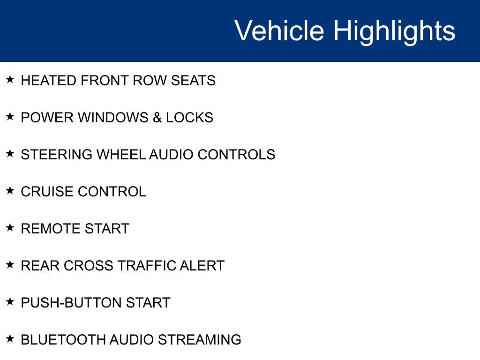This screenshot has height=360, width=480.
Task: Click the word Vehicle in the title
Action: pos(279,31)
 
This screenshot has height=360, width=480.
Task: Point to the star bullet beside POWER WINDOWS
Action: pos(10,117)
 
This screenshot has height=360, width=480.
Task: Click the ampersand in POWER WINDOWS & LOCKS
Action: pos(157,118)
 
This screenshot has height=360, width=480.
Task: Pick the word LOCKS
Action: pos(189,118)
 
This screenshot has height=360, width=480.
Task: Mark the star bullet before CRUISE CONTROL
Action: pos(10,191)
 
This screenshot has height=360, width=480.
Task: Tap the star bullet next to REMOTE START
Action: pos(10,228)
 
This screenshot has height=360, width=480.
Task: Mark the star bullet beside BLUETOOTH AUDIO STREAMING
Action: pos(10,339)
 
